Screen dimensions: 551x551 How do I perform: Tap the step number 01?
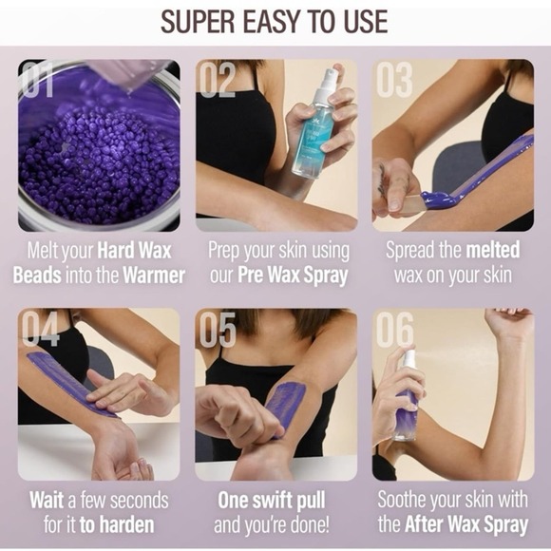pyautogui.click(x=39, y=81)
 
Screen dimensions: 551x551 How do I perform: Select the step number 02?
pyautogui.click(x=218, y=81)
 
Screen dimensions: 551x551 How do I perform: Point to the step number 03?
pyautogui.click(x=394, y=81)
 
